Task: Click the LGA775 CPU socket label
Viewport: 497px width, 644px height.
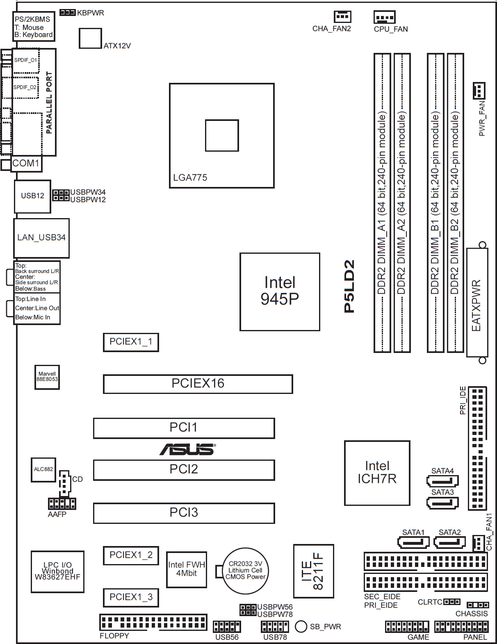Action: click(x=190, y=177)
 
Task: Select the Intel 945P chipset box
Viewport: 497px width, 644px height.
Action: click(x=280, y=291)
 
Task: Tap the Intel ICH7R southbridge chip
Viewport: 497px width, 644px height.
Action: click(x=377, y=473)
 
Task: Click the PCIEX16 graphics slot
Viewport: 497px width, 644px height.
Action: click(x=198, y=384)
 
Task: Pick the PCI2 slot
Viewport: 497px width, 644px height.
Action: click(x=184, y=469)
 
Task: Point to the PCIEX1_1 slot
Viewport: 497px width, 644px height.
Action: click(x=131, y=342)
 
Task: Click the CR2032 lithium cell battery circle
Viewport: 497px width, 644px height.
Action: click(x=245, y=571)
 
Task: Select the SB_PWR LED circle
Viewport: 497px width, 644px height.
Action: click(x=301, y=626)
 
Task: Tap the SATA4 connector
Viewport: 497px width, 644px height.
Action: click(x=442, y=480)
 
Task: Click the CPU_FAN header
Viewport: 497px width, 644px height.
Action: click(x=385, y=17)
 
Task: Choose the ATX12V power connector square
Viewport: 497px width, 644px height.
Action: click(x=90, y=38)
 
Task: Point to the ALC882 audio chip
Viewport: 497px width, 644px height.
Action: click(x=43, y=469)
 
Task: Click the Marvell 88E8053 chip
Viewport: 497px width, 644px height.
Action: click(x=47, y=377)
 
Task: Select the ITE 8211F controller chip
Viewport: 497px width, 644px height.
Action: click(x=314, y=571)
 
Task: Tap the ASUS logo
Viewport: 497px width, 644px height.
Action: click(x=187, y=449)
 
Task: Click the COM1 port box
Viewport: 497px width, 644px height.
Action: click(x=26, y=163)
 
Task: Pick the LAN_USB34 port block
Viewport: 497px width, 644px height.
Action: click(x=41, y=238)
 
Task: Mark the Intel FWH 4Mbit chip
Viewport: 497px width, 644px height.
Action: click(x=187, y=569)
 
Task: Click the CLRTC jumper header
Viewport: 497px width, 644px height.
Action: click(x=451, y=602)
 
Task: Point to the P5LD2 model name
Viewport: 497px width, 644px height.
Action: click(x=349, y=286)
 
